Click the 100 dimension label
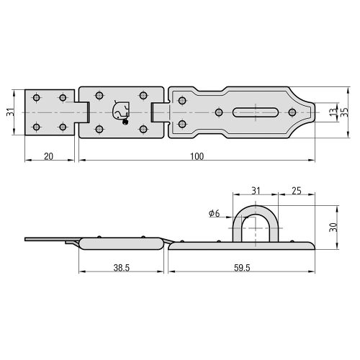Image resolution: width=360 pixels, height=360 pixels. pyautogui.click(x=195, y=156)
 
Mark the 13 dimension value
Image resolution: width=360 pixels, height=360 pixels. pyautogui.click(x=333, y=112)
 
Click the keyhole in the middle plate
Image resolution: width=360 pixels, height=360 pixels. pyautogui.click(x=120, y=111)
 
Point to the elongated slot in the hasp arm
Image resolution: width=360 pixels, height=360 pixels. pyautogui.click(x=255, y=112)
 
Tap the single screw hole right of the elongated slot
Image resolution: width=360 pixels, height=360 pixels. pyautogui.click(x=292, y=112)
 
